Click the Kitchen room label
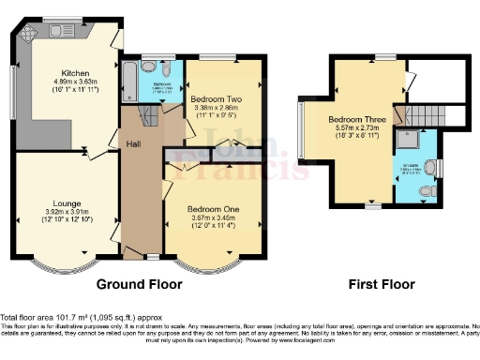(x=75, y=72)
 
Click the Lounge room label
(x=65, y=200)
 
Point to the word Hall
(x=135, y=144)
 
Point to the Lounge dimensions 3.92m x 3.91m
(x=65, y=211)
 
